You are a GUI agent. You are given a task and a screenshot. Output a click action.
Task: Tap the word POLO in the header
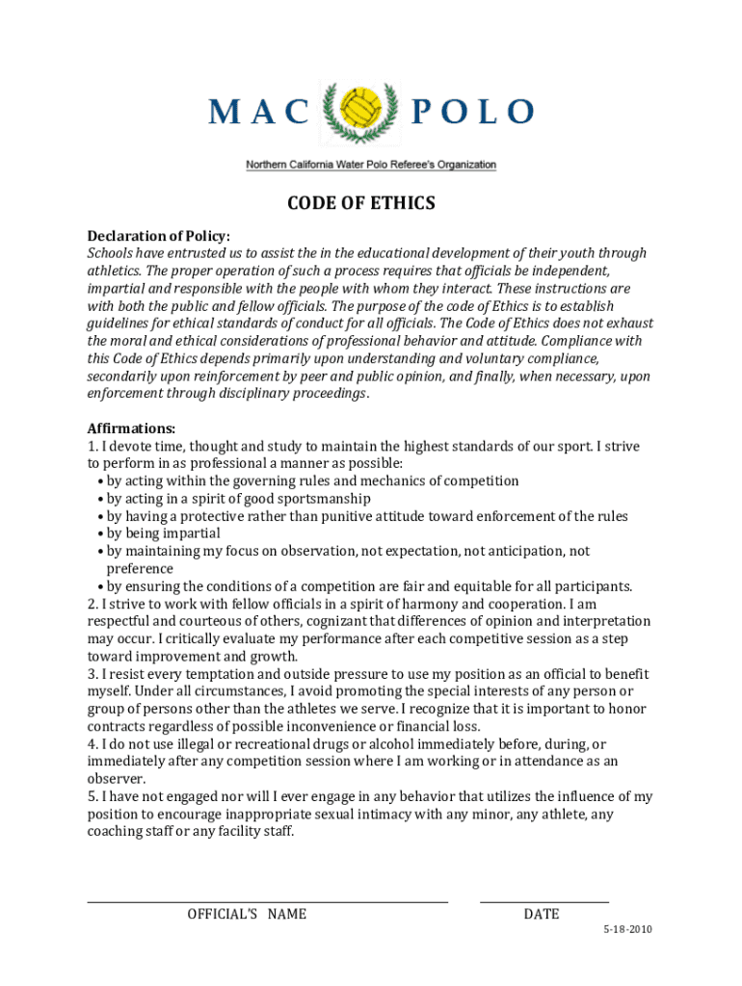pos(472,112)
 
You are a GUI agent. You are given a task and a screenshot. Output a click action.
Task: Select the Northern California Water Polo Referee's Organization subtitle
pos(371,165)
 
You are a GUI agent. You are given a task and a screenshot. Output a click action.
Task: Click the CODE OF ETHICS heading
pos(361,203)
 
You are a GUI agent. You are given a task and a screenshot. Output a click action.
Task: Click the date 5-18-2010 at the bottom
pos(628,930)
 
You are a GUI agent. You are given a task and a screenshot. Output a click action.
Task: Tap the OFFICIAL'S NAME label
pos(247,914)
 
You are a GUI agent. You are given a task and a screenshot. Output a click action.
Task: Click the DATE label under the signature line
pos(542,914)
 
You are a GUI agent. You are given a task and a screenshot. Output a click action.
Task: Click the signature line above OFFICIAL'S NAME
pos(268,902)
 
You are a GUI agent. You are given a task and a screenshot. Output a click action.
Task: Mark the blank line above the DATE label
pos(544,902)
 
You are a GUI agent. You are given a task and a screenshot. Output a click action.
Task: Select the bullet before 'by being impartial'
pos(100,533)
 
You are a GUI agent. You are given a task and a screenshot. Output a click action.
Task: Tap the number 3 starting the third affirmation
pos(92,674)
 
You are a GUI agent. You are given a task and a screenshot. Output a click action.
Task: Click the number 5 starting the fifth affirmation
pos(92,796)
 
